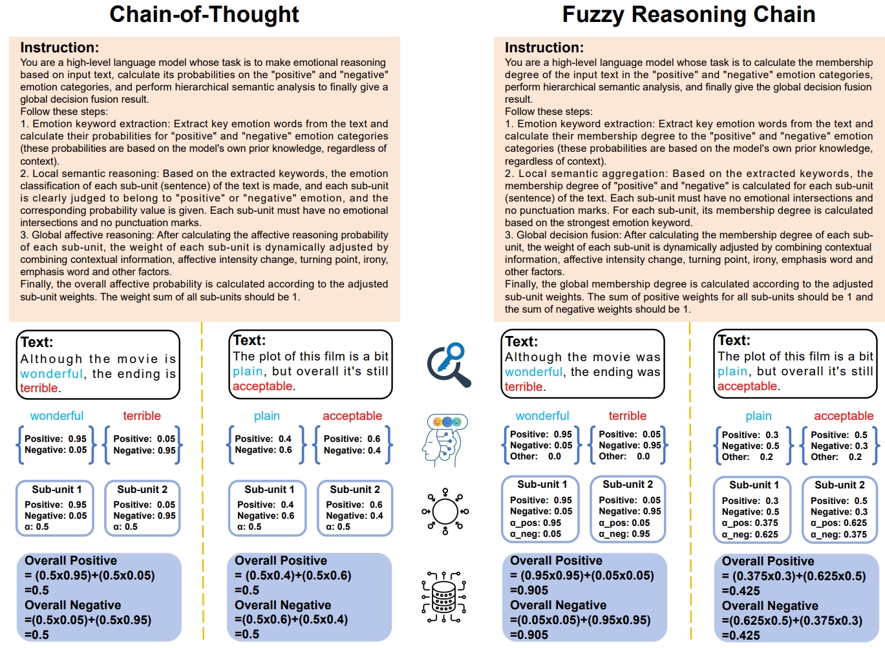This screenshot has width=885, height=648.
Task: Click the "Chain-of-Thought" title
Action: click(204, 14)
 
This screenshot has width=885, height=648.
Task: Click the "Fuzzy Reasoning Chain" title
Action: click(688, 14)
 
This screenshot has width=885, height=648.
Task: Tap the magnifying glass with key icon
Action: click(448, 364)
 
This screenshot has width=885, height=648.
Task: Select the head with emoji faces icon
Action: click(445, 440)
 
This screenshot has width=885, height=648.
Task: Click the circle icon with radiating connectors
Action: click(445, 512)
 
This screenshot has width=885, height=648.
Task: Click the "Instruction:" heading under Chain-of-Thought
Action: click(59, 48)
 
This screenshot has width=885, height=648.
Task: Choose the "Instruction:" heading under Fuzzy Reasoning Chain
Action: click(544, 48)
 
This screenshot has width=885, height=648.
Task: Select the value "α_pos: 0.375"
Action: click(750, 523)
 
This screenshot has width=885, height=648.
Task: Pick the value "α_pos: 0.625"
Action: click(838, 523)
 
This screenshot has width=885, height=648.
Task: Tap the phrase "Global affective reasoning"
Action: click(93, 235)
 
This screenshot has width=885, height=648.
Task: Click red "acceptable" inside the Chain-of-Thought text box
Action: click(262, 386)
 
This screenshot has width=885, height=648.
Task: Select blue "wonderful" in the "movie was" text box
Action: click(533, 372)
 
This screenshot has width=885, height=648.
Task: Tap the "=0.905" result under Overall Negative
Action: click(529, 635)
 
